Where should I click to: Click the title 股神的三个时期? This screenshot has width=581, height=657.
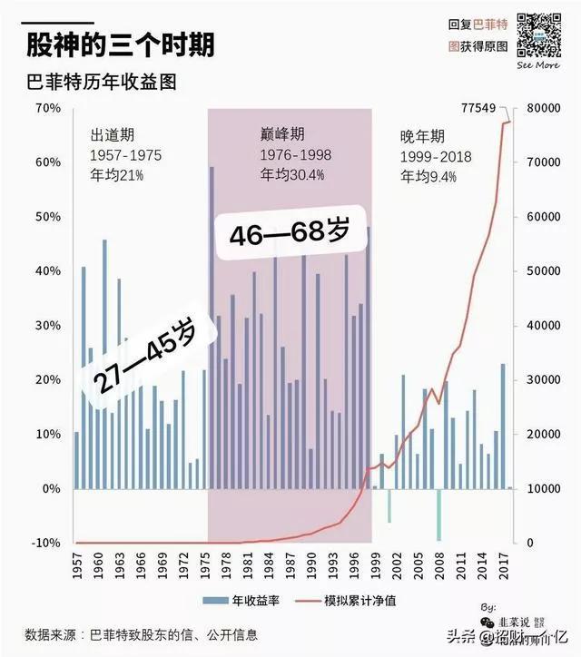click(121, 44)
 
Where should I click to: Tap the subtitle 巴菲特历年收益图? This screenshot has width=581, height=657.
click(100, 81)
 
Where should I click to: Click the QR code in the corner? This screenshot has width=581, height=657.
click(537, 34)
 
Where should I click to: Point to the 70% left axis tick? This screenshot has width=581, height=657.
click(47, 109)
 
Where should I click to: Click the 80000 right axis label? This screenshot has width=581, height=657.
click(544, 109)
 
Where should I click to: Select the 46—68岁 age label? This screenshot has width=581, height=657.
click(289, 233)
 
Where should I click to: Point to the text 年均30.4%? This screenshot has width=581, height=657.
click(291, 175)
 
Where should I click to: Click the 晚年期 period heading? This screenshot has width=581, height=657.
click(422, 137)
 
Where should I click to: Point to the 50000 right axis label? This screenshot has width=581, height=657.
click(544, 271)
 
